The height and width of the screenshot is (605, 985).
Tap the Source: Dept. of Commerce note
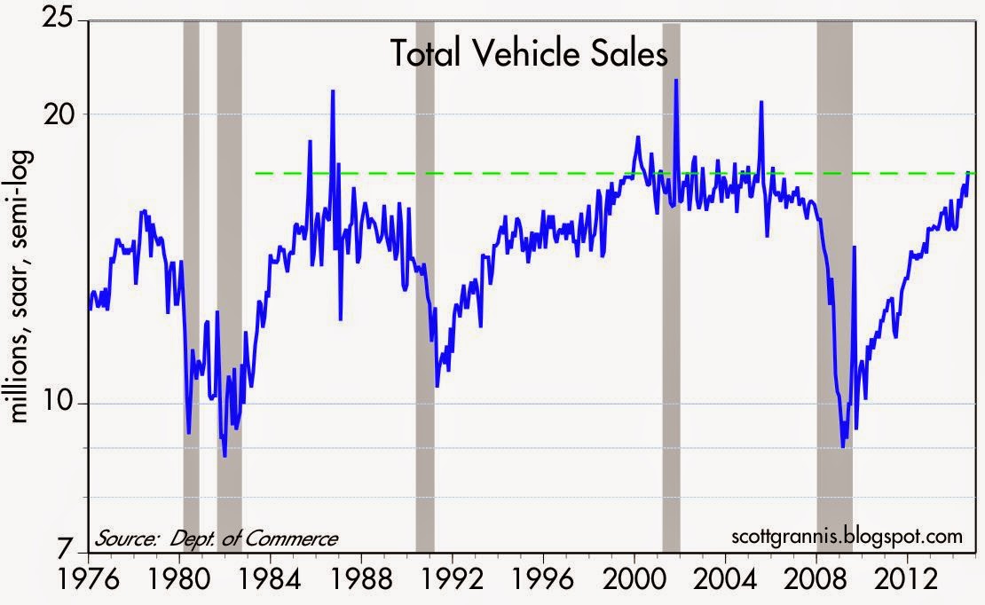pyautogui.click(x=216, y=538)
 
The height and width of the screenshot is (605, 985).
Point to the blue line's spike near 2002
pyautogui.click(x=676, y=81)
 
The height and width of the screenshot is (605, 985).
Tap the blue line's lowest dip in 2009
pyautogui.click(x=843, y=446)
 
